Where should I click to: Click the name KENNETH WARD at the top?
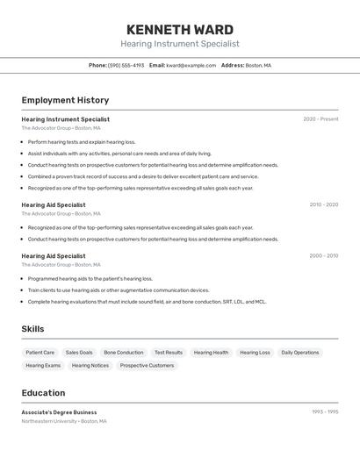(x=179, y=29)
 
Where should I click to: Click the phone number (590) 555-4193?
(x=126, y=65)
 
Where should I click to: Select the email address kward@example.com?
(x=191, y=65)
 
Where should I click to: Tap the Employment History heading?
(x=65, y=100)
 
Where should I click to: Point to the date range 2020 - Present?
(x=320, y=119)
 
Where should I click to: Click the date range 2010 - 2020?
(x=323, y=204)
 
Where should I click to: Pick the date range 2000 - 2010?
(x=323, y=256)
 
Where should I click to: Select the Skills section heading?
(x=32, y=329)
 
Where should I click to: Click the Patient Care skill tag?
(x=40, y=353)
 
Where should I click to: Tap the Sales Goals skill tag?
(x=79, y=353)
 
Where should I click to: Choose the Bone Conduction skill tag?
(x=123, y=353)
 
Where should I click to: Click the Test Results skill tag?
(x=169, y=353)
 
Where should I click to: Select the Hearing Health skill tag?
(x=211, y=353)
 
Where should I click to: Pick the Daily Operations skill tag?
(x=300, y=353)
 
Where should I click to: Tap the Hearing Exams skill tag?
(x=43, y=366)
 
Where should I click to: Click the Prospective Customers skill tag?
(x=147, y=366)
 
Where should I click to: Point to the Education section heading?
(x=43, y=393)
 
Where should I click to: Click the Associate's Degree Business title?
(x=59, y=411)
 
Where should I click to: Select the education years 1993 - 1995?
(x=325, y=411)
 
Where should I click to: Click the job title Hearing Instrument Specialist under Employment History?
(x=66, y=119)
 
